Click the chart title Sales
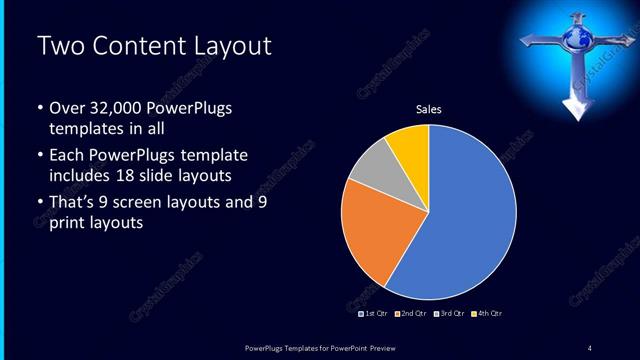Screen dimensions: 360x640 click(x=429, y=109)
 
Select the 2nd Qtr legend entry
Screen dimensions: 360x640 click(x=412, y=314)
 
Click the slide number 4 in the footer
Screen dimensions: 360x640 click(x=590, y=347)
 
